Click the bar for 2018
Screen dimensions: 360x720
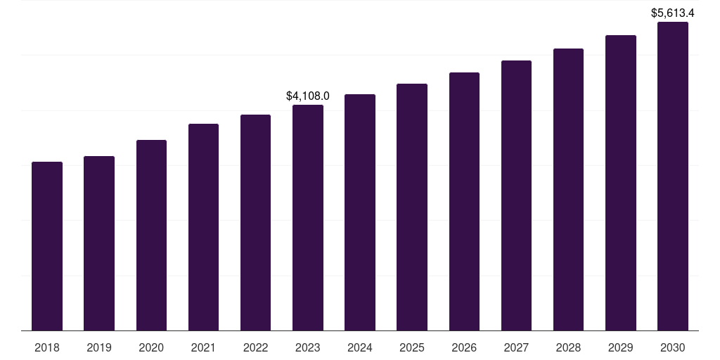click(x=47, y=246)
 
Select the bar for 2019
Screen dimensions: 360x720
click(x=99, y=243)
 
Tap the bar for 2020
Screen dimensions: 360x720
click(x=151, y=235)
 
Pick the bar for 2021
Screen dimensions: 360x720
click(x=203, y=227)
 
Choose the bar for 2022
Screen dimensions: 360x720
click(x=255, y=222)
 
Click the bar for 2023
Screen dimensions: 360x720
click(x=308, y=217)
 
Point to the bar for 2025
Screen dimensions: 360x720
click(x=412, y=207)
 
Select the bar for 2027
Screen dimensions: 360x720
click(x=516, y=195)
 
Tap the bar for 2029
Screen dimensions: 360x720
click(x=621, y=183)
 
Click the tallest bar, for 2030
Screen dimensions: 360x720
click(x=673, y=176)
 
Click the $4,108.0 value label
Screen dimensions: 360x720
click(x=308, y=96)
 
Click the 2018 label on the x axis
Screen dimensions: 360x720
click(x=47, y=347)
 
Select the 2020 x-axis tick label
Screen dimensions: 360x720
click(x=151, y=347)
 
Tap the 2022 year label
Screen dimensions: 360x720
click(x=255, y=347)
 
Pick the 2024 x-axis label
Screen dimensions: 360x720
click(x=360, y=347)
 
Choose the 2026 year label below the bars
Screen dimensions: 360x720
click(x=464, y=347)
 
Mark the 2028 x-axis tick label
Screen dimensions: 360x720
click(x=568, y=347)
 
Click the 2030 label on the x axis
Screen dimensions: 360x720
click(x=673, y=347)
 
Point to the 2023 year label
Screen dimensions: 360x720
click(x=308, y=347)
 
